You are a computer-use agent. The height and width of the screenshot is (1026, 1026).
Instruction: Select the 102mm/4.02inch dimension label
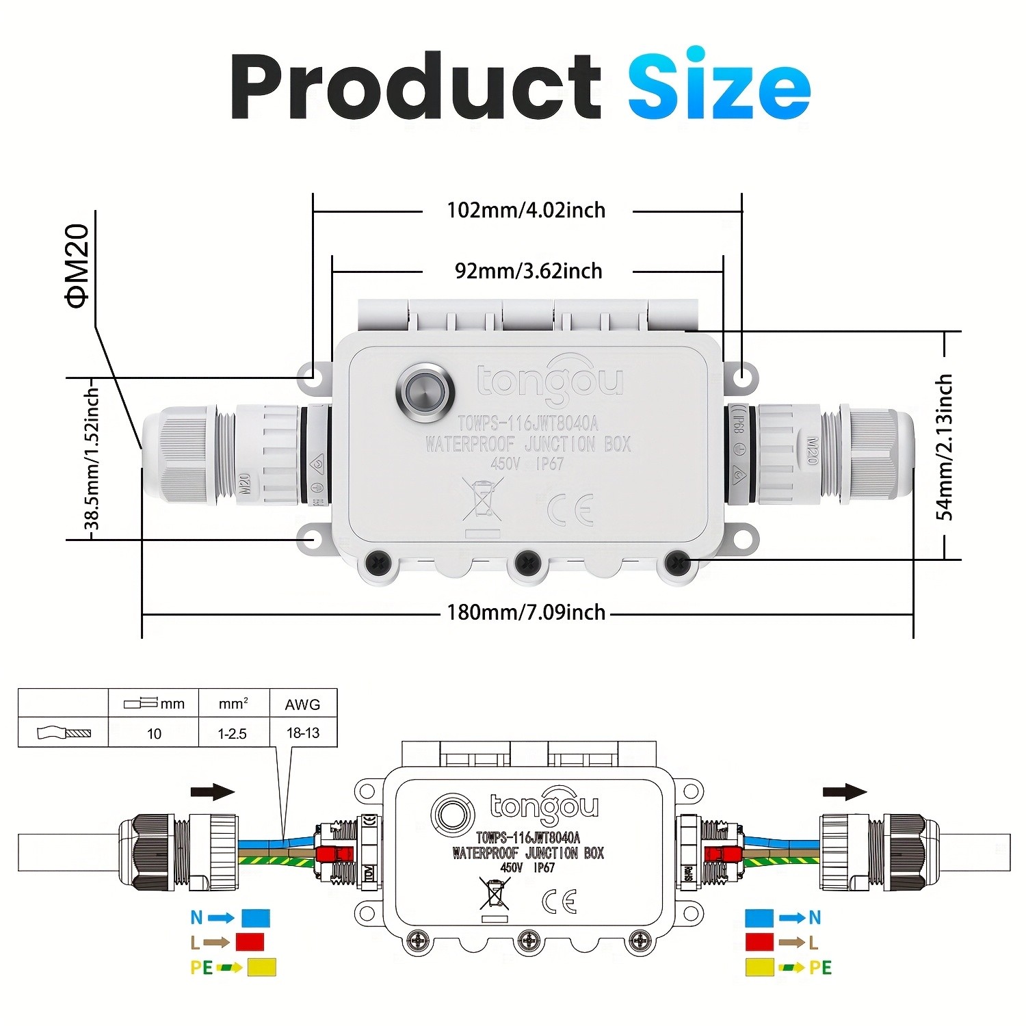click(526, 210)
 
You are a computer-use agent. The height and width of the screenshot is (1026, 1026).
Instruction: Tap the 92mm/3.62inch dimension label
click(528, 271)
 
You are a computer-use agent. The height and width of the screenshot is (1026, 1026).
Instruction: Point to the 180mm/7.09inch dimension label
click(526, 611)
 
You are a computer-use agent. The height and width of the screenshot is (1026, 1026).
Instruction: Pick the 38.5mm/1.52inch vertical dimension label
click(92, 459)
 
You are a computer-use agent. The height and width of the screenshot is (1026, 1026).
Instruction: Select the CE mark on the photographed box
click(570, 509)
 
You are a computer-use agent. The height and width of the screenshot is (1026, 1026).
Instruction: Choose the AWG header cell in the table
click(302, 704)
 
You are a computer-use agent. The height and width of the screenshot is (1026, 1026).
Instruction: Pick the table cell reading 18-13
click(302, 733)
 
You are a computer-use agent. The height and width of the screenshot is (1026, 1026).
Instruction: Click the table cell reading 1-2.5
click(233, 733)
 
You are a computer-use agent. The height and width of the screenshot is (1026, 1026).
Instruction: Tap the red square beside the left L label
click(250, 942)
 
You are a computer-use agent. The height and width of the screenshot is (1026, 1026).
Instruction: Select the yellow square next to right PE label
click(759, 967)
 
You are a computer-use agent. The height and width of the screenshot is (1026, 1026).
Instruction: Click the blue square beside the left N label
click(256, 917)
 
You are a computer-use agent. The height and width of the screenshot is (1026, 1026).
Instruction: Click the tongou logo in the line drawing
click(544, 807)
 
